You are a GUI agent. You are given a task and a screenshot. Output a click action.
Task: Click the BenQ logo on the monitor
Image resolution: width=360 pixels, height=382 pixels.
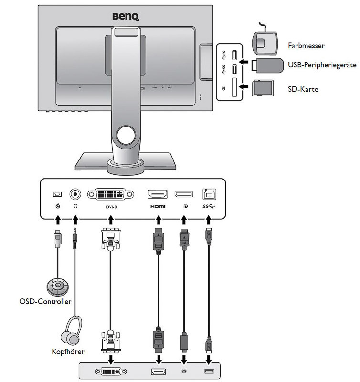click(x=126, y=17)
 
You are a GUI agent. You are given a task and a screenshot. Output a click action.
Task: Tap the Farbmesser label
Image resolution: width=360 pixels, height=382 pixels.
click(x=307, y=46)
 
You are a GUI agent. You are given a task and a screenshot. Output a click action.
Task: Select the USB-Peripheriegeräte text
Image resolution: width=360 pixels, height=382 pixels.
click(x=322, y=64)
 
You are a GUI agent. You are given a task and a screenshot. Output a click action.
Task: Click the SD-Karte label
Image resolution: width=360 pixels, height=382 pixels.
click(x=303, y=89)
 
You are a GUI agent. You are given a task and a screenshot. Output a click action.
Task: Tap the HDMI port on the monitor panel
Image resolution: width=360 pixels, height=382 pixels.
click(x=157, y=194)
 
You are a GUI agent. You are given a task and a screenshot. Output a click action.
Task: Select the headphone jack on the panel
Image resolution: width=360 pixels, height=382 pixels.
click(x=75, y=194)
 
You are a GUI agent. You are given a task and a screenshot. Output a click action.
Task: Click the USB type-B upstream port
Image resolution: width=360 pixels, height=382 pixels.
click(x=209, y=194)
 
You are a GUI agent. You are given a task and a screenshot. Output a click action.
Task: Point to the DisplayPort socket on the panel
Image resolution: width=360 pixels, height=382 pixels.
click(x=183, y=194)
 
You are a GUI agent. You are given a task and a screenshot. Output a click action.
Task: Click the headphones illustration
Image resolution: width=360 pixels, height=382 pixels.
click(x=74, y=333)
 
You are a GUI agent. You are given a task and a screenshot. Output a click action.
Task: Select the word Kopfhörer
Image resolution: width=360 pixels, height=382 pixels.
click(x=68, y=352)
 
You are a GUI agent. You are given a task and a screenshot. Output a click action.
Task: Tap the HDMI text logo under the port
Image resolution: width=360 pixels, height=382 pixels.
click(x=157, y=206)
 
